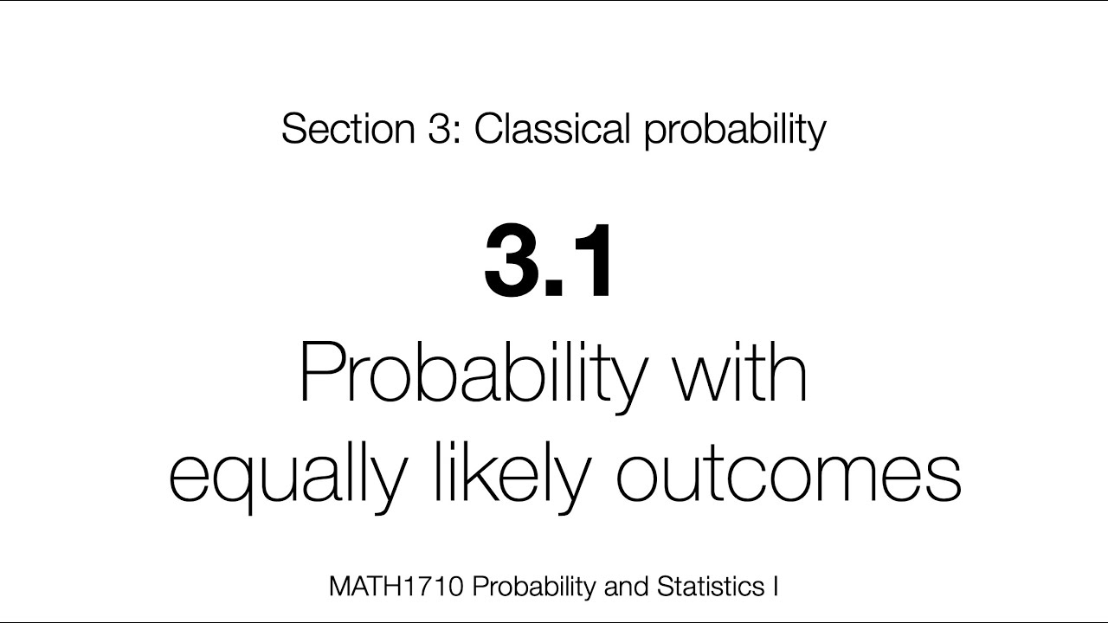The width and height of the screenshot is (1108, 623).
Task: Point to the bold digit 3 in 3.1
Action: [513, 260]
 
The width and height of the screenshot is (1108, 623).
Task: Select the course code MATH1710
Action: [397, 587]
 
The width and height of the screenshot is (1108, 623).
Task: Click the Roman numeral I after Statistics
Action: [774, 587]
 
